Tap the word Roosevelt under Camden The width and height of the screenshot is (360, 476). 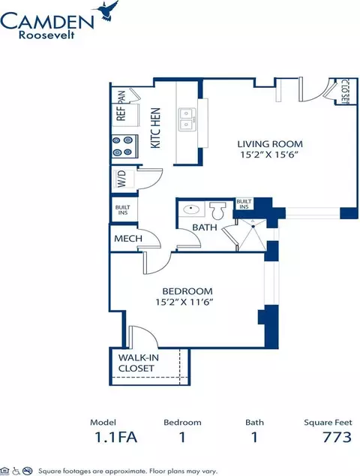tap(46, 35)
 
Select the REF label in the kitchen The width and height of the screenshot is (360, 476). tap(121, 113)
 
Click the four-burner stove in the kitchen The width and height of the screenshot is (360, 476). tap(125, 146)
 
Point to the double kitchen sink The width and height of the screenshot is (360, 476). tap(187, 119)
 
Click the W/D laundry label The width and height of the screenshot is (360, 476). tap(121, 179)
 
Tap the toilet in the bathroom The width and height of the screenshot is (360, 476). tap(217, 210)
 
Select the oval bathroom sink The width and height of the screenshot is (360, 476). tap(191, 209)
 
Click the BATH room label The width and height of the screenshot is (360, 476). tap(205, 227)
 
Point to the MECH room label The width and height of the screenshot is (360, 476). tap(128, 239)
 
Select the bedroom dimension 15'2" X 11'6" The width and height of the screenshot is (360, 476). tap(185, 302)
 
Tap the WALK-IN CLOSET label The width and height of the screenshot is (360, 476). tap(138, 363)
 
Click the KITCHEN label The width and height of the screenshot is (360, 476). tap(155, 128)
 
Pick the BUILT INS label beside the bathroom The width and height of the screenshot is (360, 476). tap(244, 204)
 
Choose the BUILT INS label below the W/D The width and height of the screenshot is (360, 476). tap(123, 210)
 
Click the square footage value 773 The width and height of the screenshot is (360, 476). tap(337, 437)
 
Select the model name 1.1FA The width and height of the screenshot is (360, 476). tap(115, 437)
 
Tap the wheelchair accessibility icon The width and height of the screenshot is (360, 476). tap(16, 471)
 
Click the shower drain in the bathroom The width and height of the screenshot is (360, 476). tap(253, 227)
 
